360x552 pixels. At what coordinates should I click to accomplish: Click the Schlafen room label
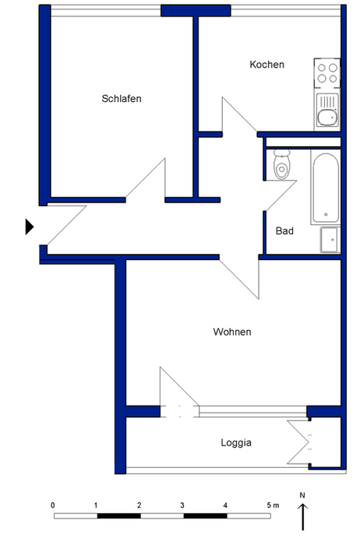click(122, 99)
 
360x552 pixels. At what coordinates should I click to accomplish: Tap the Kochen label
click(267, 65)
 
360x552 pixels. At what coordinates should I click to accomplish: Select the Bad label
click(284, 231)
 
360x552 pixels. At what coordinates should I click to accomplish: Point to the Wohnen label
click(232, 332)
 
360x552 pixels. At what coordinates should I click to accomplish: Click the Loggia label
click(236, 443)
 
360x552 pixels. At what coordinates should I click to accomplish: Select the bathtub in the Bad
click(326, 188)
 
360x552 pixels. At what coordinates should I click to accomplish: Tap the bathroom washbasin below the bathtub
click(330, 240)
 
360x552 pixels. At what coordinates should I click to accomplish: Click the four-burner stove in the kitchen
click(327, 73)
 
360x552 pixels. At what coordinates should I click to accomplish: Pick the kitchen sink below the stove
click(327, 111)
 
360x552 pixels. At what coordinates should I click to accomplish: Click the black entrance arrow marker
click(30, 227)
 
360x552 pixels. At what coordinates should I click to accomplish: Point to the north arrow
click(302, 517)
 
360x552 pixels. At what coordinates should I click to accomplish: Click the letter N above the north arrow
click(302, 495)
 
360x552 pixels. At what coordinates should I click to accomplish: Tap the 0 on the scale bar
click(53, 505)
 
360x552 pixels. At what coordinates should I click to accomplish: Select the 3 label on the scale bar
click(182, 505)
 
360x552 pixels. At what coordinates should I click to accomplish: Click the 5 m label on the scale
click(273, 505)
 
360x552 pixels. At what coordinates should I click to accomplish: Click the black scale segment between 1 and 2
click(119, 515)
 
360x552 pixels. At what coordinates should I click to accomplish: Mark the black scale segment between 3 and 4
click(206, 515)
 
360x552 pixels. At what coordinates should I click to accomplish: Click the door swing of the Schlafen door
click(146, 181)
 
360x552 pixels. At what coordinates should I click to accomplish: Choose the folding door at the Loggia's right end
click(298, 442)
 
